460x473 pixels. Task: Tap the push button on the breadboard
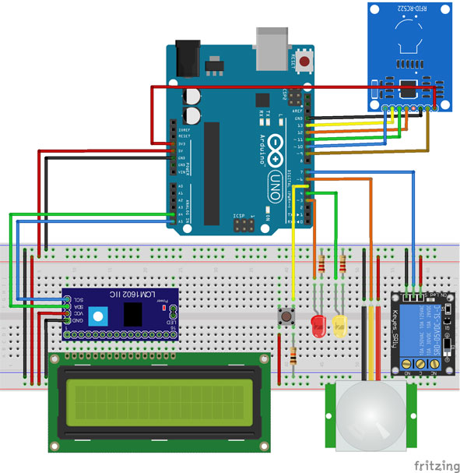pyautogui.click(x=286, y=316)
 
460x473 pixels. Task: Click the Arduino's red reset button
pyautogui.click(x=307, y=59)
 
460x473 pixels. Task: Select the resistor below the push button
pyautogui.click(x=293, y=358)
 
